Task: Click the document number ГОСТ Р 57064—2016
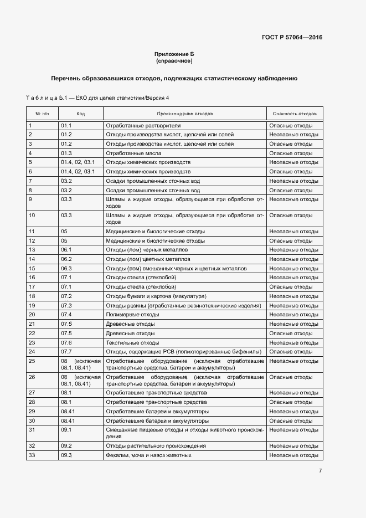(x=292, y=38)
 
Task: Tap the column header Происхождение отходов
(x=184, y=114)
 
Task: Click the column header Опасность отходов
(x=295, y=114)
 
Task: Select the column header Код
(x=81, y=114)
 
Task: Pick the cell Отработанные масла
(x=131, y=153)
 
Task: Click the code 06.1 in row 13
(x=66, y=250)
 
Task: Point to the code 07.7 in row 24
(x=66, y=352)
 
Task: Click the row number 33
(x=32, y=455)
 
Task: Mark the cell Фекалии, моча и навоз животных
(x=148, y=455)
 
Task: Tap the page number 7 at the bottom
(x=320, y=471)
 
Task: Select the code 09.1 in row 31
(x=66, y=429)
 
